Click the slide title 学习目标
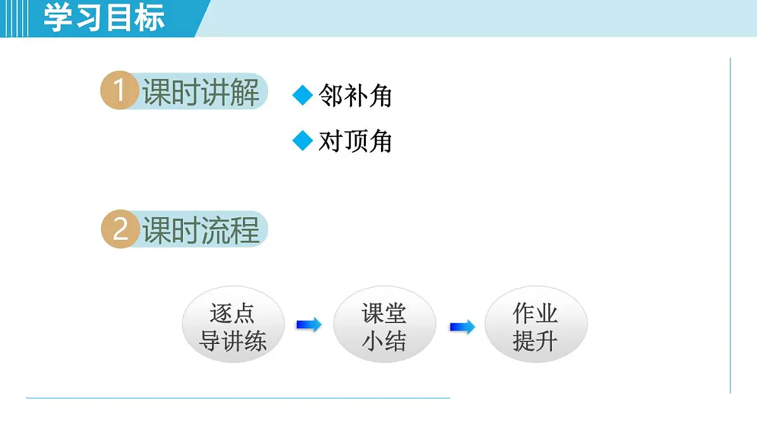(x=104, y=18)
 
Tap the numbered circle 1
(x=119, y=92)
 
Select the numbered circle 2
(x=120, y=230)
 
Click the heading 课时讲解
(x=201, y=93)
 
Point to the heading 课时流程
(x=201, y=230)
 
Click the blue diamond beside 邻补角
(x=303, y=96)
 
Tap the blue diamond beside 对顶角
(x=303, y=141)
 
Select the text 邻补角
(x=355, y=96)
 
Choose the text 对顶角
(x=355, y=141)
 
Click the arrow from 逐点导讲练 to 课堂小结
(x=308, y=325)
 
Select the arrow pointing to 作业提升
(x=462, y=327)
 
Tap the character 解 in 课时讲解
(x=245, y=93)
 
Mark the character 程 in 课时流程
(x=245, y=230)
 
